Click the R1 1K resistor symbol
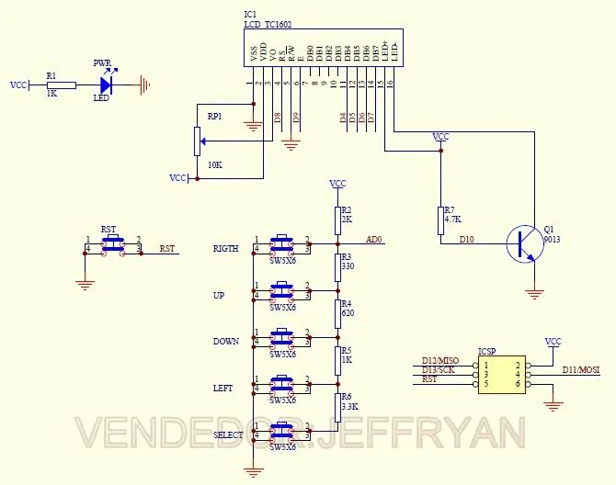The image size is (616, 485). pos(62,85)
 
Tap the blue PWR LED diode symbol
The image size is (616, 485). pos(106,85)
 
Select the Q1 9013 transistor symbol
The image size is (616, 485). pos(525,243)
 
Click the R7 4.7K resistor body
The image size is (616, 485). pos(440,220)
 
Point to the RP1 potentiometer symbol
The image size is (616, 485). pos(197,141)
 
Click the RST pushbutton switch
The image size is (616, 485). pos(112,244)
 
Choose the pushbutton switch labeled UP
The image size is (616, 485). pos(281,291)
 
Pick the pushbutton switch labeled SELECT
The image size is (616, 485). pos(281,432)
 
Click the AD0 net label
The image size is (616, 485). pos(374,240)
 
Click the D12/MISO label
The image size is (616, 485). pos(440,360)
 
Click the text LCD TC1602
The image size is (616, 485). pos(272,25)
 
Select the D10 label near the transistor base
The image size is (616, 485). pos(468,239)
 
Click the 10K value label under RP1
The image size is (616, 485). pos(214,164)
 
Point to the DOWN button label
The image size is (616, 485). pos(225,342)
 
